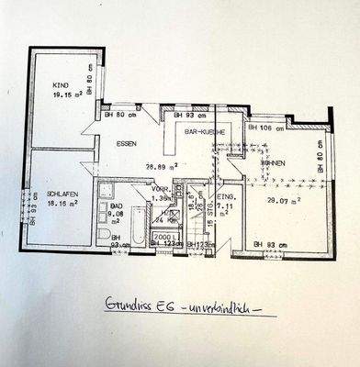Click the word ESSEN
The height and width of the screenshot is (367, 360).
pyautogui.click(x=127, y=144)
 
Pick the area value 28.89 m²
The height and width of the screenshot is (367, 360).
pyautogui.click(x=162, y=167)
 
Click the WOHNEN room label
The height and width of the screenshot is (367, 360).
pyautogui.click(x=273, y=163)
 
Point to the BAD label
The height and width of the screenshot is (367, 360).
pyautogui.click(x=116, y=209)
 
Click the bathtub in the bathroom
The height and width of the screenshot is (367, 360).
pyautogui.click(x=138, y=226)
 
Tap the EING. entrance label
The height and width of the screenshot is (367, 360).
pyautogui.click(x=226, y=197)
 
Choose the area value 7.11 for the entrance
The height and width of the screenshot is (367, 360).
pyautogui.click(x=226, y=207)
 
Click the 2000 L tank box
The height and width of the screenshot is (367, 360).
pyautogui.click(x=165, y=236)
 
